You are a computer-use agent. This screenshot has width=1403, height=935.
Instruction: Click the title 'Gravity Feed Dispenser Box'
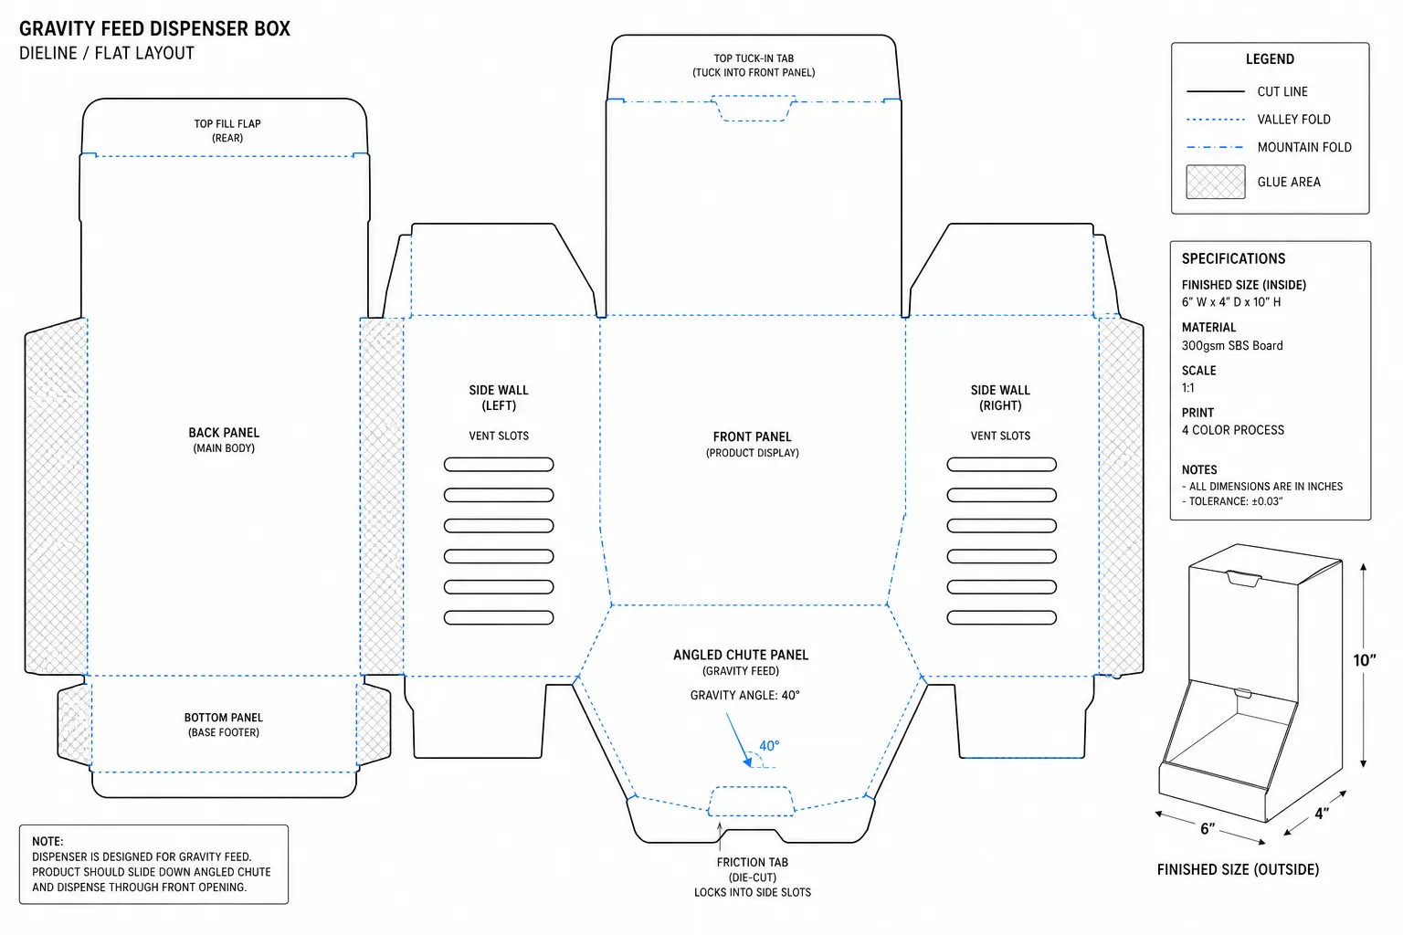tap(154, 29)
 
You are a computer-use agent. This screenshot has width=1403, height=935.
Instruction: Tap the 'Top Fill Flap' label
tap(227, 124)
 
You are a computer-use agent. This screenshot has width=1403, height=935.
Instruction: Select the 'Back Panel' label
tap(224, 433)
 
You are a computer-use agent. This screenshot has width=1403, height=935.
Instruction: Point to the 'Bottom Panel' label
tap(224, 718)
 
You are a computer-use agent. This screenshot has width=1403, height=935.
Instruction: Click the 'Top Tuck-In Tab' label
tap(754, 58)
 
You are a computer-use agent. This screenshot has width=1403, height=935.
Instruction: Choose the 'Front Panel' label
tap(753, 436)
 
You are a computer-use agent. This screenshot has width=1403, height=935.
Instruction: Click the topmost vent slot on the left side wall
tap(499, 464)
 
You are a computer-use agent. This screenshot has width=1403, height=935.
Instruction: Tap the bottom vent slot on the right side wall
tap(1001, 617)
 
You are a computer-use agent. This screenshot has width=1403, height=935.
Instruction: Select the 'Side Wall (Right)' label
tap(1000, 398)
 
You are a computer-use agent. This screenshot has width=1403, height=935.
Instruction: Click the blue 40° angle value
tap(769, 746)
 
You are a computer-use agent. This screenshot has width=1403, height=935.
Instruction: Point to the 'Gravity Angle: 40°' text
tap(744, 695)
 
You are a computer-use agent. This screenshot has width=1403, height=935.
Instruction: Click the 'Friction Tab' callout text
tap(753, 862)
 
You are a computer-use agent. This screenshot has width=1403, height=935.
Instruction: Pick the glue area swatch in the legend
tap(1215, 182)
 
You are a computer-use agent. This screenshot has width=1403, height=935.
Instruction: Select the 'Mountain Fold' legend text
tap(1304, 147)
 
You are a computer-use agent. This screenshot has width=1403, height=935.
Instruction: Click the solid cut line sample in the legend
tap(1215, 91)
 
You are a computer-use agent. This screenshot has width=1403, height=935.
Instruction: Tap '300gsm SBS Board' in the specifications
tap(1232, 346)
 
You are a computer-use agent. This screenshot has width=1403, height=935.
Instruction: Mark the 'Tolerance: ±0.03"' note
tap(1236, 501)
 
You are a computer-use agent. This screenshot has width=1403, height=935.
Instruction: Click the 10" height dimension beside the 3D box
tap(1364, 661)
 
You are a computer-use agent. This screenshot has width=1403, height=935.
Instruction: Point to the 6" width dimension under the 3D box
tap(1208, 829)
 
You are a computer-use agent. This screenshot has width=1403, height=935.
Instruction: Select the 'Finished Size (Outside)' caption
tap(1238, 869)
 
